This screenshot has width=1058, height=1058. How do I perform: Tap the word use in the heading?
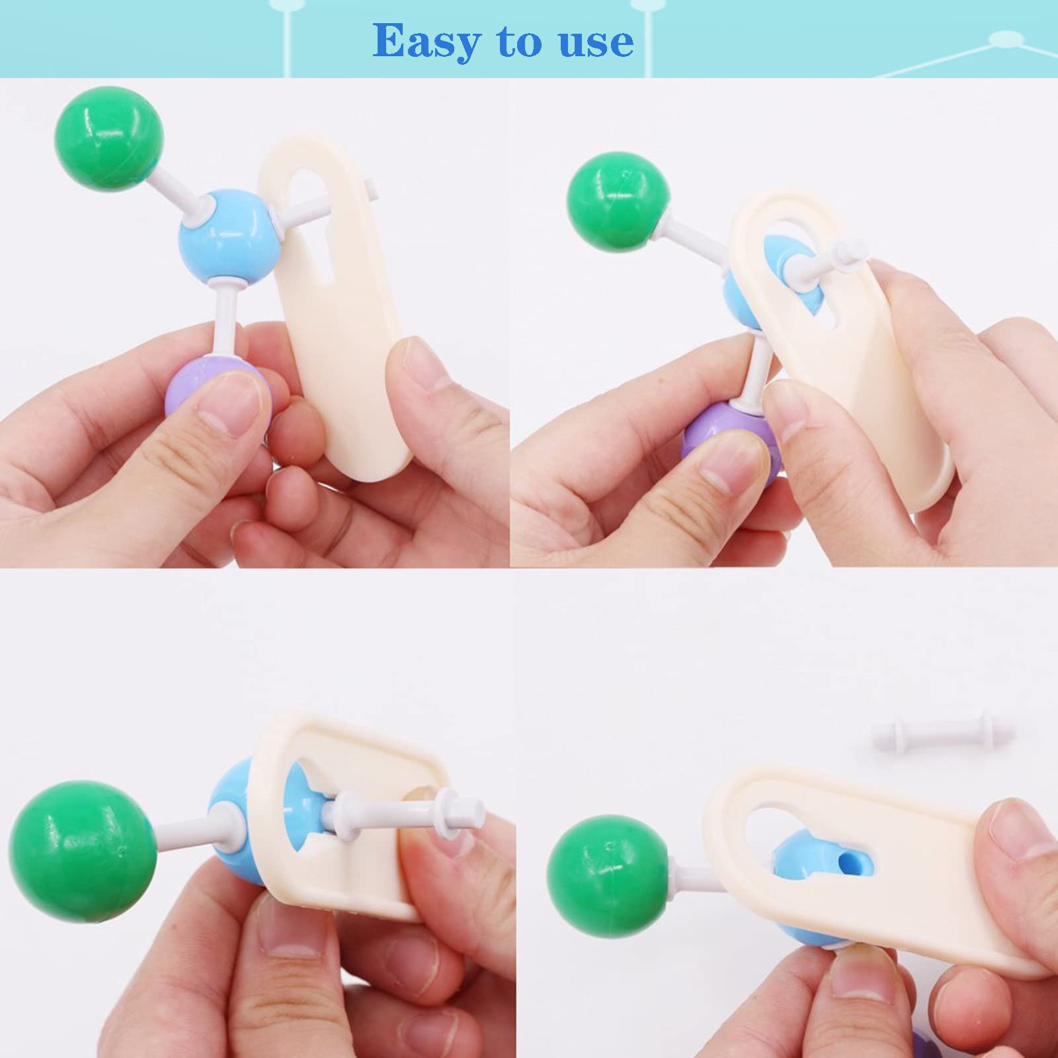click(596, 43)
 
